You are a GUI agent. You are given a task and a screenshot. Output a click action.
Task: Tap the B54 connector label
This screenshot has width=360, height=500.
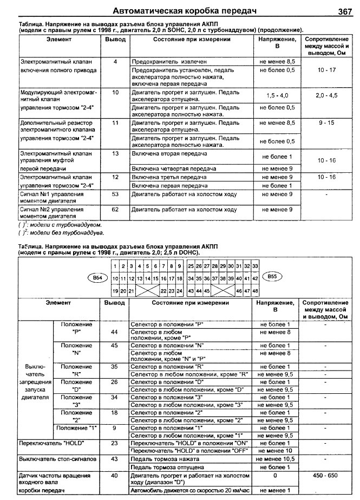point(98,277)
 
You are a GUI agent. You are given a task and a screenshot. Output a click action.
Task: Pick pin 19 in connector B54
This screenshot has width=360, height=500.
point(115,291)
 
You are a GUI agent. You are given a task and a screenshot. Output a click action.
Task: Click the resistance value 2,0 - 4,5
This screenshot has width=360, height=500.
point(326,96)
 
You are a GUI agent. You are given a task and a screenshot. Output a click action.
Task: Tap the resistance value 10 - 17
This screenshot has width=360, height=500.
point(327,70)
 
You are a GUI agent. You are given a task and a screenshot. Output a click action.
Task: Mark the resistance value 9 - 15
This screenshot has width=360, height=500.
point(326,124)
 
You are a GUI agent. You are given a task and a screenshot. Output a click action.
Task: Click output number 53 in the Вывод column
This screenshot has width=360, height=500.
point(115,194)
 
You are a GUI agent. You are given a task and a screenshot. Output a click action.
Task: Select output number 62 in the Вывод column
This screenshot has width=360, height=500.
point(115,209)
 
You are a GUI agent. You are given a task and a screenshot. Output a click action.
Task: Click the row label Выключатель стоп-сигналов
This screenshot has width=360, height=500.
point(57,458)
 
